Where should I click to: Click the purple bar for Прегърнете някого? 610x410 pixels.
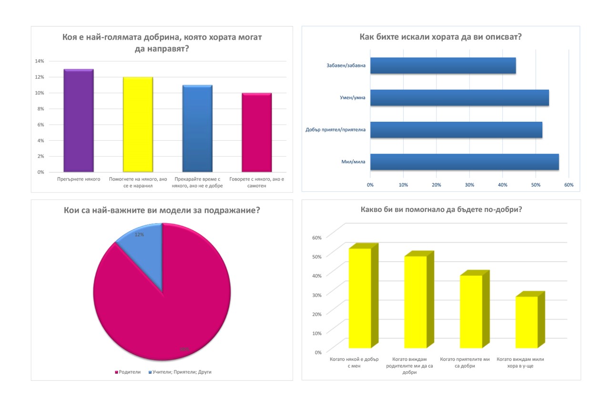coord(78,120)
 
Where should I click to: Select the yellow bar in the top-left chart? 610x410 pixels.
coord(138,124)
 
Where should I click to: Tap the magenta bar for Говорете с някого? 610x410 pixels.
coord(256,132)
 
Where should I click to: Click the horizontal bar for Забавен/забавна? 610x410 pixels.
coord(443,65)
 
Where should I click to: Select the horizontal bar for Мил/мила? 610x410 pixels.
coord(464,162)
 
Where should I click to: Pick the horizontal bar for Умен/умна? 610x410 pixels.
coord(459,97)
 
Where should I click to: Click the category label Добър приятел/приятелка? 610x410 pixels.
coord(335,130)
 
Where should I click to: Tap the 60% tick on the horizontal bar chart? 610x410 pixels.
coord(569,184)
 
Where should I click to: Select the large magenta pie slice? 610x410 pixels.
coord(162,310)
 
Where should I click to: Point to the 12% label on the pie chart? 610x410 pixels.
coord(140,234)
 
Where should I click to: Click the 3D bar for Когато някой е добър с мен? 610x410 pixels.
coord(360,298)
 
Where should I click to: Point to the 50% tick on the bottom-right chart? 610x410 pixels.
coord(317,256)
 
